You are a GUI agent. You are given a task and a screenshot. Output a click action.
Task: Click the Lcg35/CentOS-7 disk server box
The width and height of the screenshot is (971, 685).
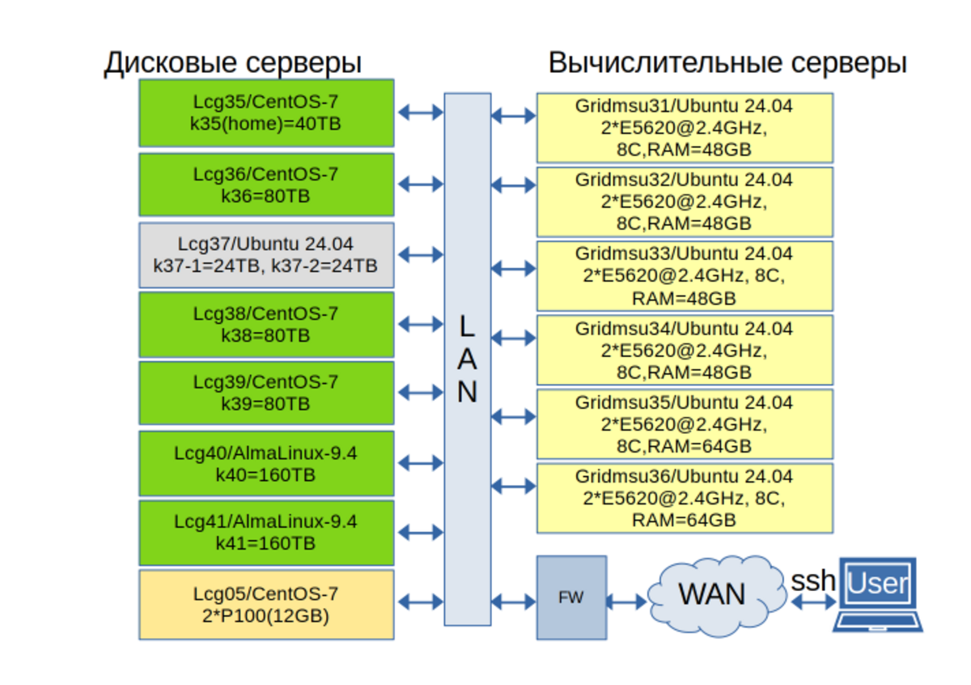coord(266,113)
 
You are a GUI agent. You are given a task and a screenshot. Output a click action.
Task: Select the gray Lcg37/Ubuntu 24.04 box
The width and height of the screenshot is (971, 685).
coord(266,255)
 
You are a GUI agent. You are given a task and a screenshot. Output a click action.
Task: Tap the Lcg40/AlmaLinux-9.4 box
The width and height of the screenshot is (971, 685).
coord(266,463)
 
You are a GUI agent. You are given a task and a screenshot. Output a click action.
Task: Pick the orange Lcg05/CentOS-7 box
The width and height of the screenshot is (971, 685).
coord(266,605)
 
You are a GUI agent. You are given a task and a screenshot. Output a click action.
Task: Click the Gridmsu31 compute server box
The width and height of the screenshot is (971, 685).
coord(685,128)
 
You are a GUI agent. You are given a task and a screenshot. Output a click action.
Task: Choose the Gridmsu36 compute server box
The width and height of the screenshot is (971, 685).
coord(685,498)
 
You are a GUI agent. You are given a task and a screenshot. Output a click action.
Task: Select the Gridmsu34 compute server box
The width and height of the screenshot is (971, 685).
coord(685,351)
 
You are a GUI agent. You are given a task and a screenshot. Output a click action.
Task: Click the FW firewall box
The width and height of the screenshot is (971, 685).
coord(571,598)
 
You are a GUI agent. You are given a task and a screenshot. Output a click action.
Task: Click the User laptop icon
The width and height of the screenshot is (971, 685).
coord(879,594)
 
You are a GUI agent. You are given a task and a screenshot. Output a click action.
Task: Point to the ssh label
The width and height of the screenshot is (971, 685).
coord(812,580)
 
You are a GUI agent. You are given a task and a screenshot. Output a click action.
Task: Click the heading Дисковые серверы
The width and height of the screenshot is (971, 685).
coord(232,63)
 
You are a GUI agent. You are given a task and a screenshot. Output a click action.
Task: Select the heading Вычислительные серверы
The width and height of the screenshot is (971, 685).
coord(727,63)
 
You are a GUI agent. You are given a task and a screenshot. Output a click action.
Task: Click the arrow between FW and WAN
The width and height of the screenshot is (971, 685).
coord(625,602)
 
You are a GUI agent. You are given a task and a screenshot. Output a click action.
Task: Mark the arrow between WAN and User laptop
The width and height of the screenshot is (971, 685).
coord(813,602)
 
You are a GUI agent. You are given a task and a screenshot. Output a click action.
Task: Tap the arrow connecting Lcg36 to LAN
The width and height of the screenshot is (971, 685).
coord(421,185)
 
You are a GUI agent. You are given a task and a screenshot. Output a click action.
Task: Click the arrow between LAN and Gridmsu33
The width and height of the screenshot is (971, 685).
coord(513,267)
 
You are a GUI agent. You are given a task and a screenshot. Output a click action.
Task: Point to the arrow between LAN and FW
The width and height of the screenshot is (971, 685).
coord(513,602)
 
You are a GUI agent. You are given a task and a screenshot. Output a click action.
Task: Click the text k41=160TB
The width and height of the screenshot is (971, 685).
coord(265,543)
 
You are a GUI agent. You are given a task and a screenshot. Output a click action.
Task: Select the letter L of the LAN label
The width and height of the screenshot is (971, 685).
coord(467,326)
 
